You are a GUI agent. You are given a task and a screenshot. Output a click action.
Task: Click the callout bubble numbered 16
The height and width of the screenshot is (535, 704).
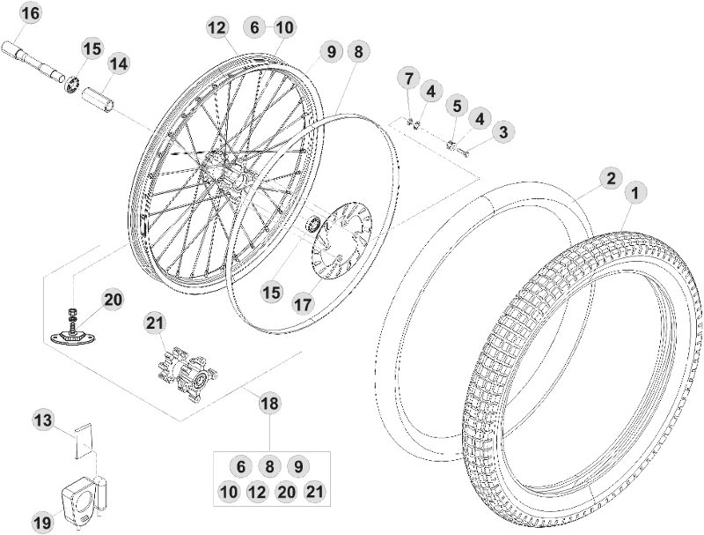[x=30, y=15]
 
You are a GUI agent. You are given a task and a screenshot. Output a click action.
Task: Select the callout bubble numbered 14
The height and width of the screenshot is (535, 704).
[x=118, y=64]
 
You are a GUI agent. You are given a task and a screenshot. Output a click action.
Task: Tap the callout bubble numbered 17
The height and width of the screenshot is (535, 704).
[x=303, y=304]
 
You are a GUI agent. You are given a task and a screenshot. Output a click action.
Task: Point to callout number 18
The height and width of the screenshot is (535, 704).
[x=269, y=404]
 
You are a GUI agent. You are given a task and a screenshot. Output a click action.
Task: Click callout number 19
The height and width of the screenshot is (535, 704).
[x=42, y=523]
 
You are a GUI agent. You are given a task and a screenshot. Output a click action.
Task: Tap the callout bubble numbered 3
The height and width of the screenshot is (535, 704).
[x=502, y=132]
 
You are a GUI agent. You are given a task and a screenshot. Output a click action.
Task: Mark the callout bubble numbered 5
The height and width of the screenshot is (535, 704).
[x=456, y=107]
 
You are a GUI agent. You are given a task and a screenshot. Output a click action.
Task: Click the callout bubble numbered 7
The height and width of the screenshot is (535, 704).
[x=408, y=78]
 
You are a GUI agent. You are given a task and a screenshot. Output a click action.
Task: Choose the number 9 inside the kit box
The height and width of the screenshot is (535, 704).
[x=298, y=467]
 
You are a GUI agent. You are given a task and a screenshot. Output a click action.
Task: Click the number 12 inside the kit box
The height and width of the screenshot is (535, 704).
[x=257, y=493]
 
